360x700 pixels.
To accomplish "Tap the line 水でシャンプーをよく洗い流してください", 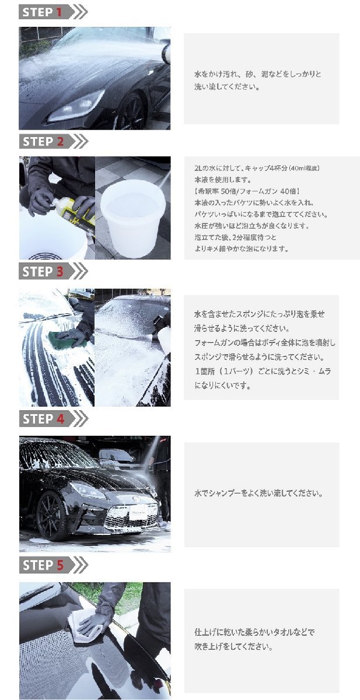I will click(258, 494).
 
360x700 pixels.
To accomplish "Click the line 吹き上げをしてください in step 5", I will click(233, 647).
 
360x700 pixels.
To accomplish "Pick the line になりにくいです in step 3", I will click(222, 386).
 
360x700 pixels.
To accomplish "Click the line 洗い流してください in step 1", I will click(226, 87).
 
